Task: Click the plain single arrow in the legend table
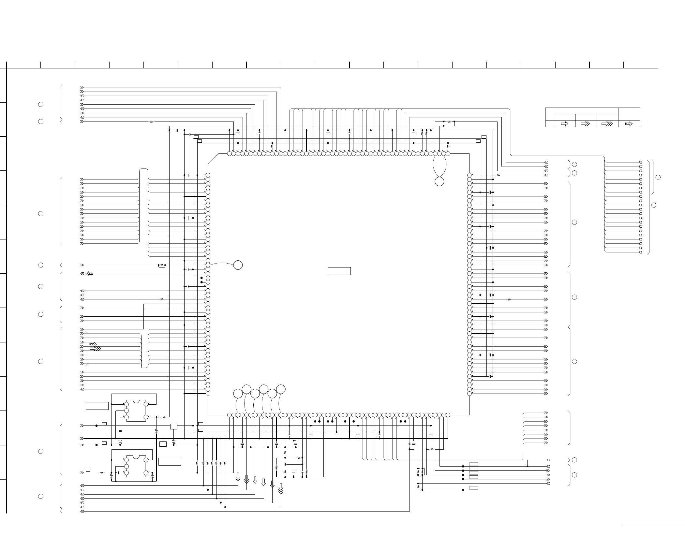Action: [564, 124]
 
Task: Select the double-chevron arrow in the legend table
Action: [586, 124]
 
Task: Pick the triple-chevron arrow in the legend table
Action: [607, 124]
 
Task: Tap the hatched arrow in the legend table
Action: [629, 124]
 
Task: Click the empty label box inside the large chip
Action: [339, 271]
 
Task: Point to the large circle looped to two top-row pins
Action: [439, 182]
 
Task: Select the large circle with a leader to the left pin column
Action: [238, 265]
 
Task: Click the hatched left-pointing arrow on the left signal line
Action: [89, 274]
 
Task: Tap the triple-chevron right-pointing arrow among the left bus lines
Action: [96, 349]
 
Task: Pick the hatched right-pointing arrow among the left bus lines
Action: [93, 344]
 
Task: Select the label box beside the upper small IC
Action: [97, 406]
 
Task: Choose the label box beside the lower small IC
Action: [170, 462]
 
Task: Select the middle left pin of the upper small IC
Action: [127, 411]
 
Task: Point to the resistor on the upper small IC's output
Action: [164, 417]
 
